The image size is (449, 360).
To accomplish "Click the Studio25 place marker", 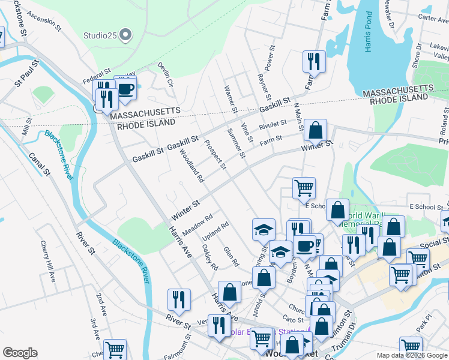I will coord(125,36).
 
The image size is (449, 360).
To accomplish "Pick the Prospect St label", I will coord(214,155).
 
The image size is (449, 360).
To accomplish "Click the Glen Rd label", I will coord(231,257).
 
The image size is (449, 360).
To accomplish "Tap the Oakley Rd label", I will coord(209,257).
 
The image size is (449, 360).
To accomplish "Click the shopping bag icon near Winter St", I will coord(315,130).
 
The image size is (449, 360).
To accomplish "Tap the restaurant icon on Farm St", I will coord(314,61).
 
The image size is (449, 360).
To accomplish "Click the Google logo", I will coord(20,353).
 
